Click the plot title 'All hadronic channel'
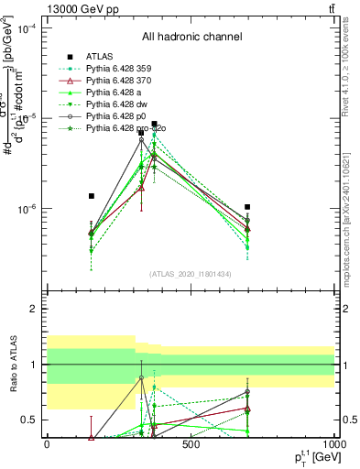pyautogui.click(x=191, y=37)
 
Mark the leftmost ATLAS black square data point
pyautogui.click(x=91, y=196)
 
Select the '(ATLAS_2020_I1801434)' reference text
pyautogui.click(x=191, y=274)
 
